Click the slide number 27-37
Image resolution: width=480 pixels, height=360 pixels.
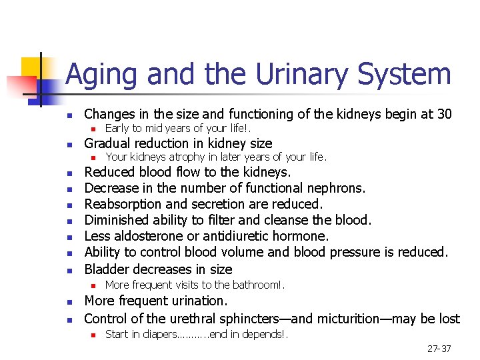(438, 349)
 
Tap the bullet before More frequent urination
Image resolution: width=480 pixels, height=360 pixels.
(69, 303)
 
